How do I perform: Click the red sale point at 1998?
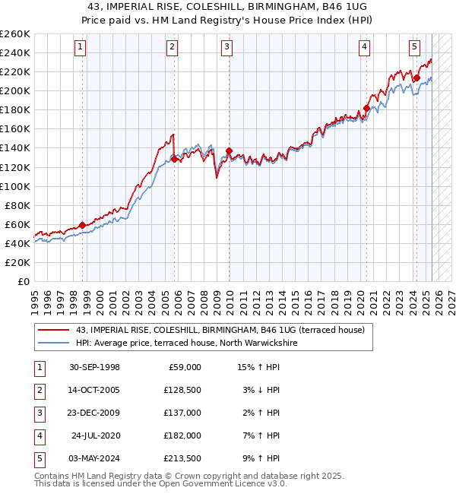pyautogui.click(x=82, y=225)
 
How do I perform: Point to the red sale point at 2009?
pyautogui.click(x=229, y=150)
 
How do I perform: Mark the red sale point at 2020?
pyautogui.click(x=366, y=108)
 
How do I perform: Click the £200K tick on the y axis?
pyautogui.click(x=15, y=90)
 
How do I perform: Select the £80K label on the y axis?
pyautogui.click(x=17, y=205)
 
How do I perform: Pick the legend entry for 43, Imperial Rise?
pyautogui.click(x=220, y=330)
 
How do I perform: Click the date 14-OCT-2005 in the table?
pyautogui.click(x=94, y=390)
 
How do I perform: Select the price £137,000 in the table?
pyautogui.click(x=183, y=413)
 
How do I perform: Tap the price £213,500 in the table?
pyautogui.click(x=183, y=458)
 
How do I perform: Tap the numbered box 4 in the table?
pyautogui.click(x=39, y=435)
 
